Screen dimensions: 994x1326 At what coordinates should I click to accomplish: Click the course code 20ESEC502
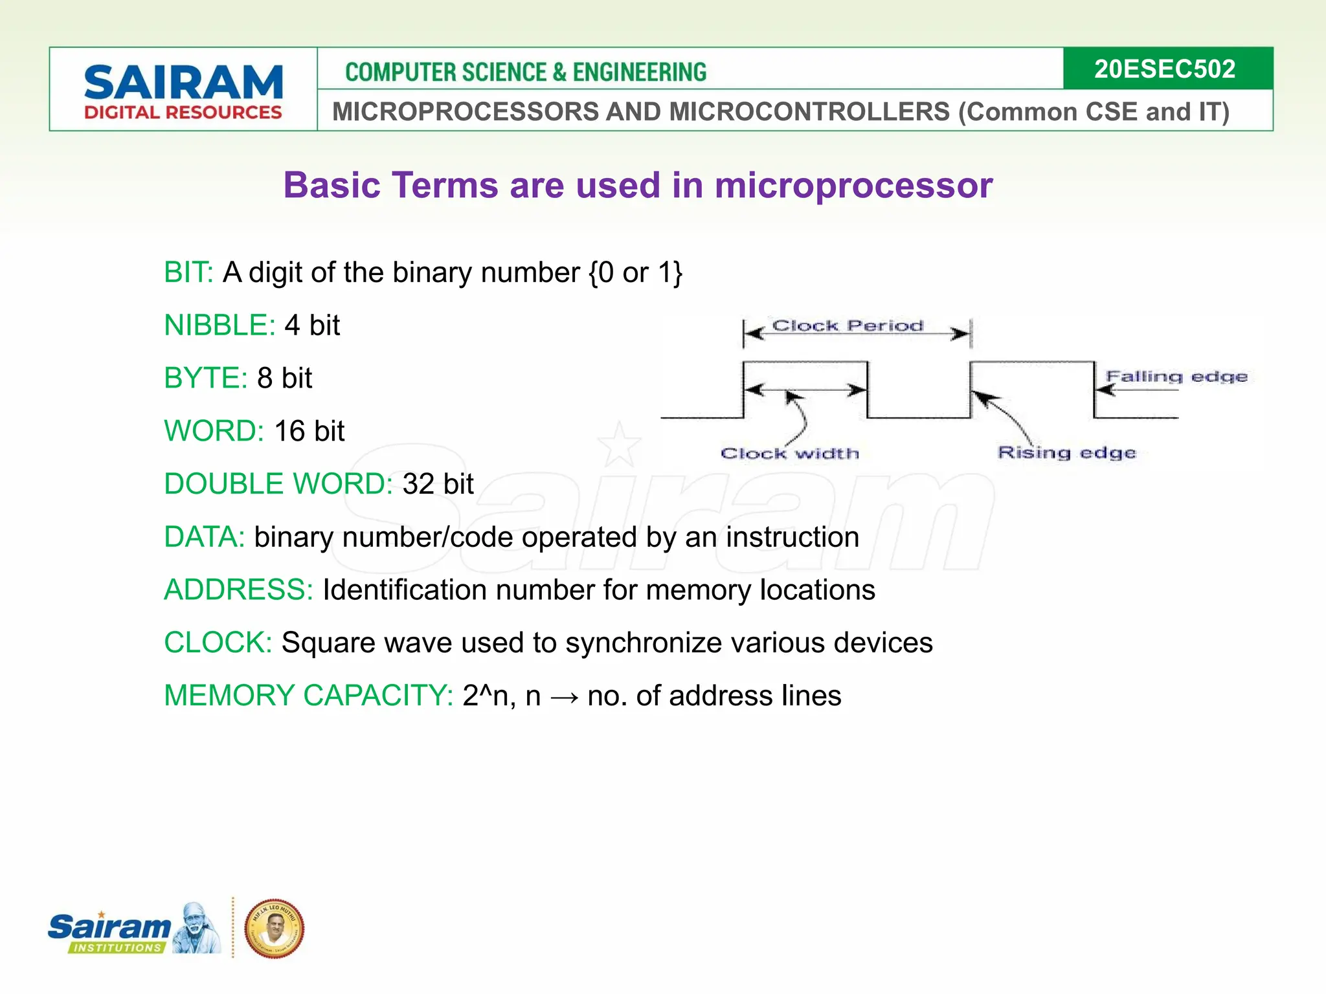tap(1165, 69)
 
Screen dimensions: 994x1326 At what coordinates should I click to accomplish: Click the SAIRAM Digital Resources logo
tap(183, 91)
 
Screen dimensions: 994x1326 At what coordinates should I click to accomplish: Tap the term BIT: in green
tap(188, 272)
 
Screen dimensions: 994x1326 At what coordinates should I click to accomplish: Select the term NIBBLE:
tap(219, 325)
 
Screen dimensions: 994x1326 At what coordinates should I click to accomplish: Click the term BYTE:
tap(205, 378)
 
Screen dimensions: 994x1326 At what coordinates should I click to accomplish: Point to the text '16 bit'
tap(309, 431)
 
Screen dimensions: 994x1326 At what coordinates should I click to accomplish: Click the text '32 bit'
tap(438, 484)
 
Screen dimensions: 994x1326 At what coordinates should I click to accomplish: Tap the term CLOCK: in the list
tap(218, 643)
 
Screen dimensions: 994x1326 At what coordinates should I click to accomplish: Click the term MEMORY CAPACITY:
tap(308, 696)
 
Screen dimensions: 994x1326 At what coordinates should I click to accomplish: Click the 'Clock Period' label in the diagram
tap(848, 326)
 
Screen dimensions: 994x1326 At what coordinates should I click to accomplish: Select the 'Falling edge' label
tap(1176, 376)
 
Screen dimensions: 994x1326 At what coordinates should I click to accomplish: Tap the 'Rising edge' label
tap(1066, 452)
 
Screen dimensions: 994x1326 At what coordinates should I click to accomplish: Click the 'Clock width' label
tap(790, 453)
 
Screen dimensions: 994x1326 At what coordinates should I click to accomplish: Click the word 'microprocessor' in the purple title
tap(853, 185)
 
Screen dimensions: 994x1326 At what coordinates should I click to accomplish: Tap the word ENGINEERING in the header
tap(639, 72)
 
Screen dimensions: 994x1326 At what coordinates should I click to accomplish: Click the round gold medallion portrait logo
tap(274, 929)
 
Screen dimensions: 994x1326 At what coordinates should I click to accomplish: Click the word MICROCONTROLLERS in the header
tap(809, 111)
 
